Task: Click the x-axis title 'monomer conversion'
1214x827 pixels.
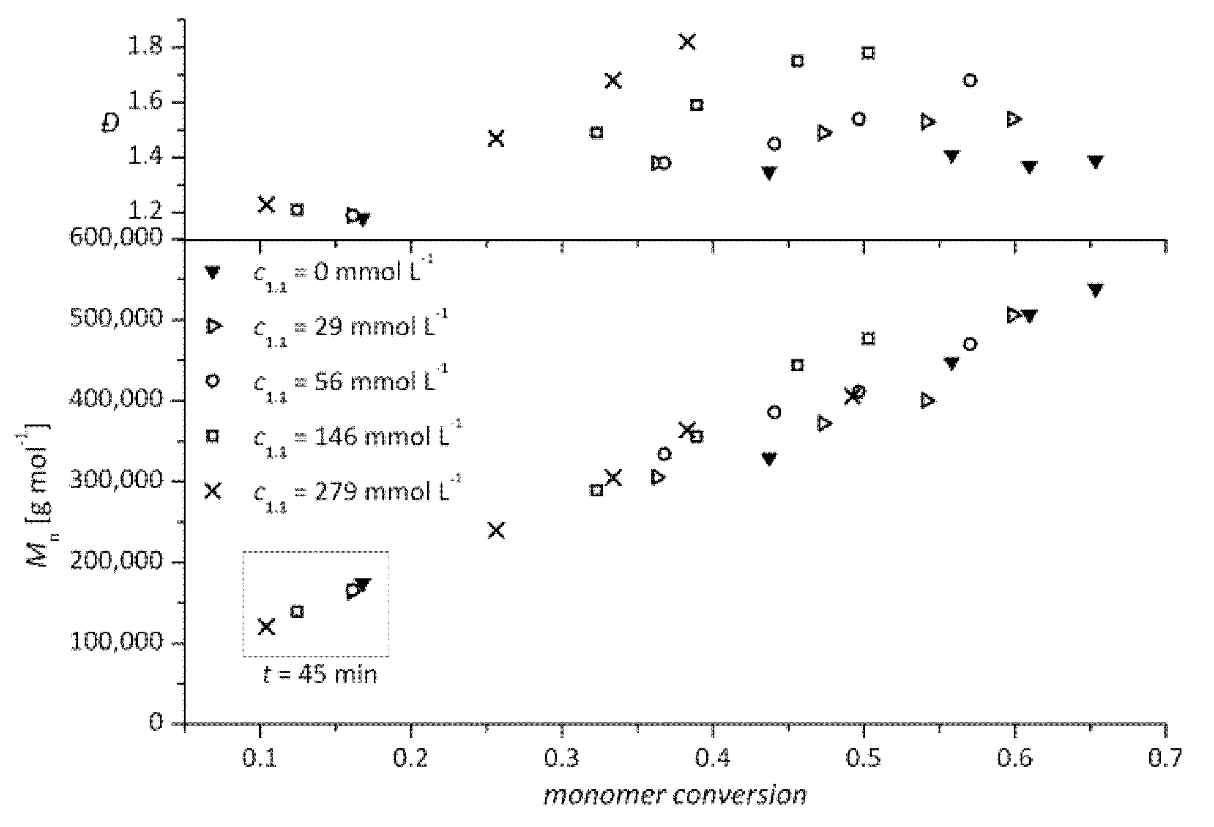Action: pyautogui.click(x=675, y=795)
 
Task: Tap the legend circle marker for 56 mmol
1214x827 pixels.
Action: pyautogui.click(x=213, y=381)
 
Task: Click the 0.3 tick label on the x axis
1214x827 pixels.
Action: pyautogui.click(x=561, y=758)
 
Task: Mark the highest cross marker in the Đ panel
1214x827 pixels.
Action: pyautogui.click(x=687, y=41)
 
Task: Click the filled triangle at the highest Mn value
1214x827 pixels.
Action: pyautogui.click(x=1095, y=290)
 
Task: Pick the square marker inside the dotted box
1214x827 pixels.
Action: pyautogui.click(x=297, y=611)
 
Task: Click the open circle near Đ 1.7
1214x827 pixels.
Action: pyautogui.click(x=970, y=80)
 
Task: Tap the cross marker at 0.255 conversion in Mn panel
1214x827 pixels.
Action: pyautogui.click(x=496, y=531)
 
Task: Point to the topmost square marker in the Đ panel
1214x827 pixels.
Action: pyautogui.click(x=868, y=52)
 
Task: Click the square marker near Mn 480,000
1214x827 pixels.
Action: pyautogui.click(x=868, y=339)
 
